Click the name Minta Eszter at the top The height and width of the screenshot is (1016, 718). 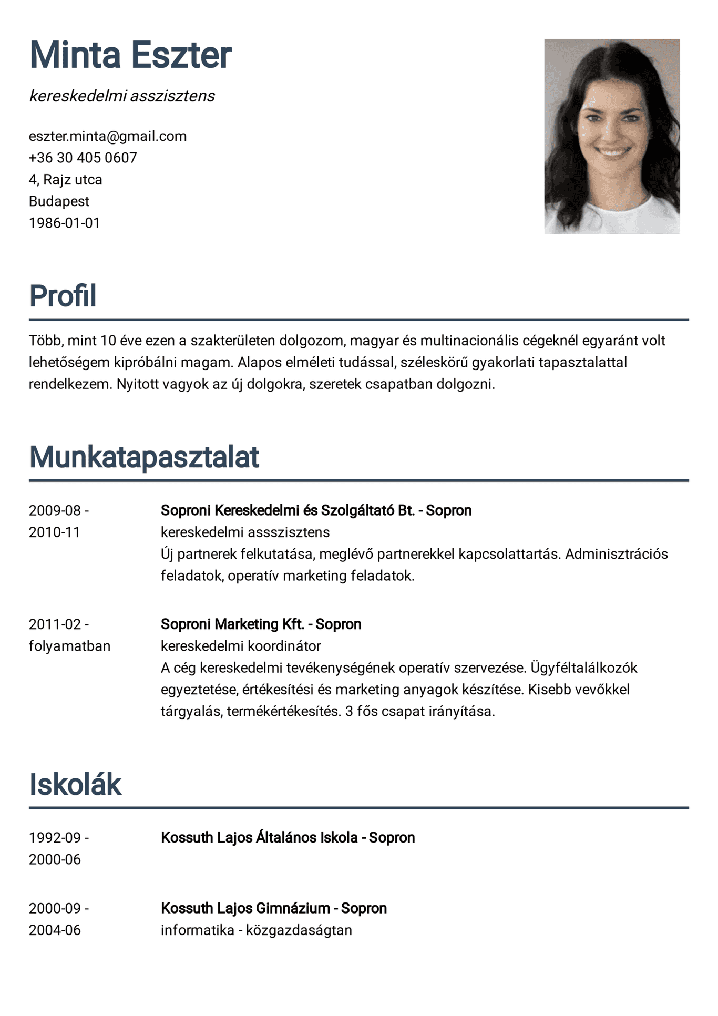coord(130,55)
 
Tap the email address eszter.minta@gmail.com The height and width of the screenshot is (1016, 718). coord(108,136)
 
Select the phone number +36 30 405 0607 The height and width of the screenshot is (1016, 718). coord(83,158)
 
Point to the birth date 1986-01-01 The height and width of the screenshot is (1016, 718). coord(64,223)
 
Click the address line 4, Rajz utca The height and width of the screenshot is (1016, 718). coord(65,180)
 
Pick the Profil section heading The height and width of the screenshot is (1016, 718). coord(63,295)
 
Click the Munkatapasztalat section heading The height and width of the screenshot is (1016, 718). coord(143,457)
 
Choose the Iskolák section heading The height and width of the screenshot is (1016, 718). coord(75,784)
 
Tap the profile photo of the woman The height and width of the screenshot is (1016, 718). coord(612,136)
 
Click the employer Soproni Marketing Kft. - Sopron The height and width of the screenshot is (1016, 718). coord(261,624)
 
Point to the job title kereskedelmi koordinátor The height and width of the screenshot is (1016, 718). coord(241,645)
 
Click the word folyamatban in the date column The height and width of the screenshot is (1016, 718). coord(69,646)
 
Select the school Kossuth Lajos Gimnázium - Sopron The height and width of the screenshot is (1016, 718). coord(273,908)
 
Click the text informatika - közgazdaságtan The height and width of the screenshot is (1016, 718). coord(256,930)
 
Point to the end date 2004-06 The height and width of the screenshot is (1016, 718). coord(55,930)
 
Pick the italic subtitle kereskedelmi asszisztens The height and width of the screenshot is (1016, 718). coord(122,96)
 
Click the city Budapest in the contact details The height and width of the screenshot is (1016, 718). coord(59,201)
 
